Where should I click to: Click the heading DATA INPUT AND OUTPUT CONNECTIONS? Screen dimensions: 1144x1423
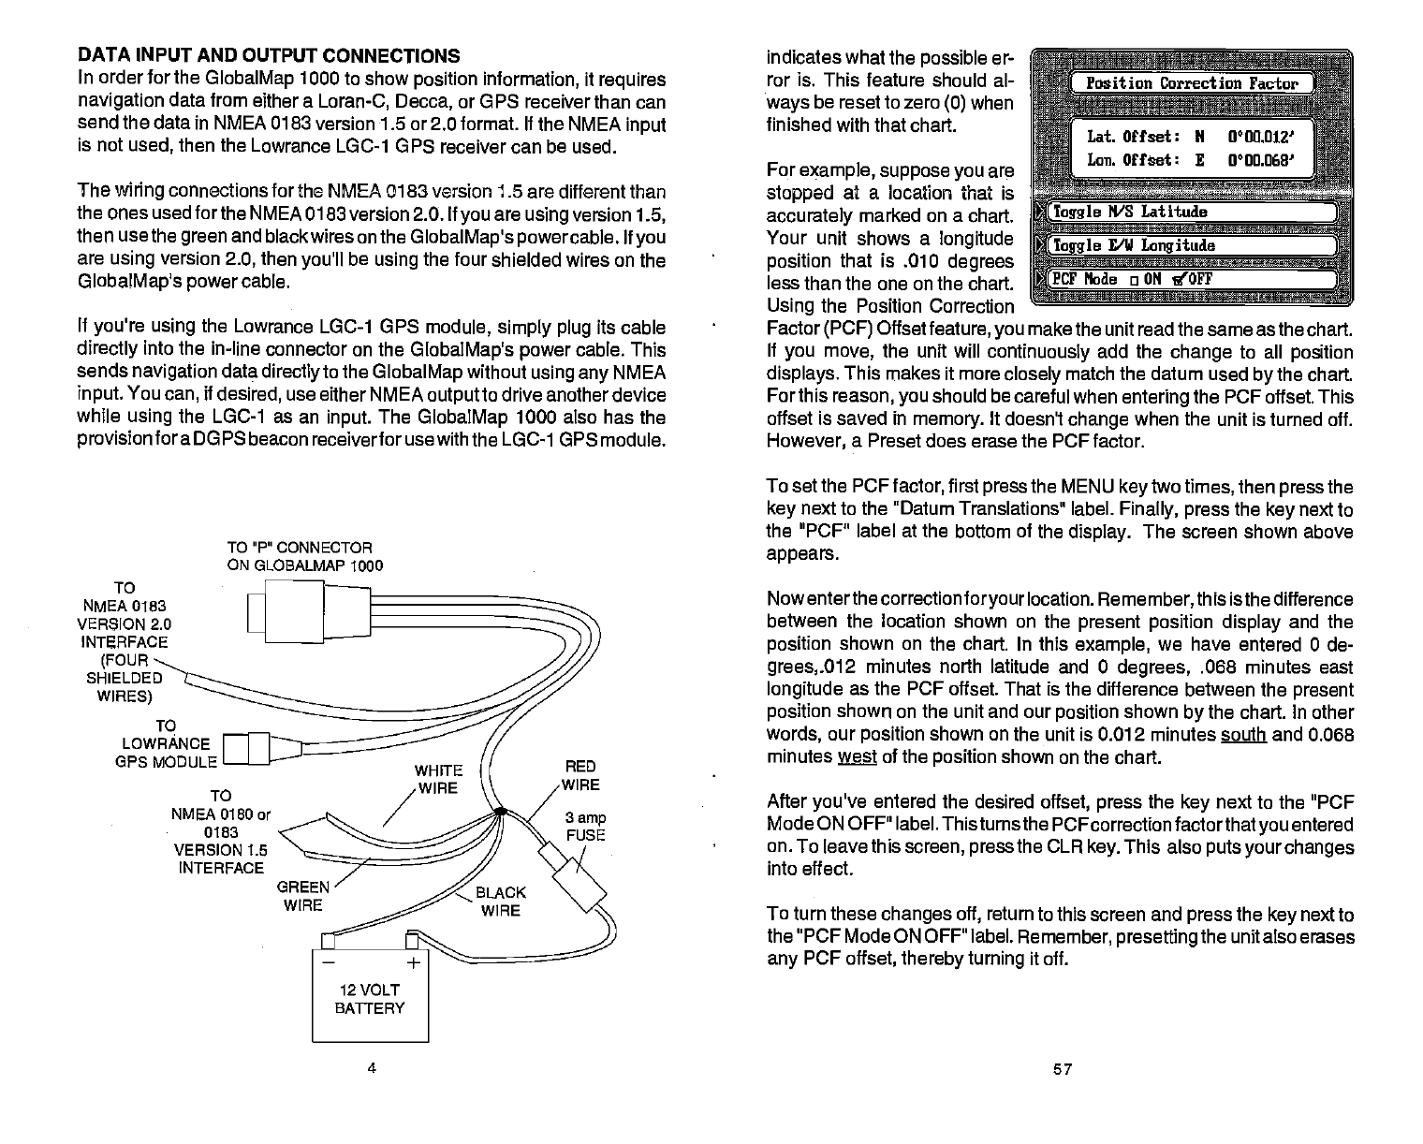[268, 55]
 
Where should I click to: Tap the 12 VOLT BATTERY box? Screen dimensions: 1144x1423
[369, 998]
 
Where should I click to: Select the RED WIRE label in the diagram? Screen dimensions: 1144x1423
[580, 776]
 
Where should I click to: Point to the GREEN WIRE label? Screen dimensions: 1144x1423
[303, 896]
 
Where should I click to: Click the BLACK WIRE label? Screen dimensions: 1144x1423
[501, 902]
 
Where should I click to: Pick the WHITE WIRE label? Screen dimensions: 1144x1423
[438, 779]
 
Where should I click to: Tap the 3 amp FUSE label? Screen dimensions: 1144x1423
[585, 826]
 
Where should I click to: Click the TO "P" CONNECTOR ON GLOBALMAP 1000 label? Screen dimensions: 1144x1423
[304, 556]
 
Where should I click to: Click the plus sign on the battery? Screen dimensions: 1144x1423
[414, 962]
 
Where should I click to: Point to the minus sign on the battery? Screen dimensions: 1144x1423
[326, 962]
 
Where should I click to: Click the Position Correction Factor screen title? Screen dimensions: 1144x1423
[1191, 83]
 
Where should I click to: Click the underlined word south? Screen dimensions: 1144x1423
[1244, 735]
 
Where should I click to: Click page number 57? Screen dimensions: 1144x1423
[1062, 1069]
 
